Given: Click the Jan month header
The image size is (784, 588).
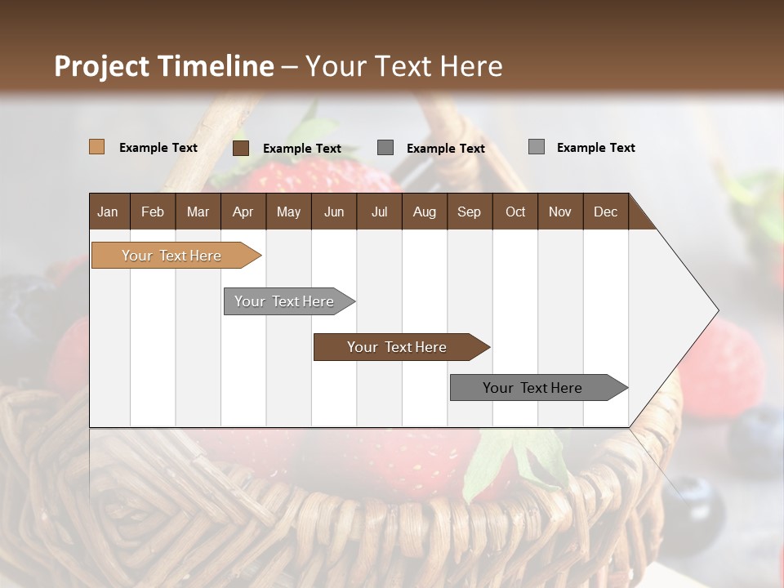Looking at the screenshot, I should (108, 212).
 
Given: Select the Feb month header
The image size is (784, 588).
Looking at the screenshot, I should (153, 212).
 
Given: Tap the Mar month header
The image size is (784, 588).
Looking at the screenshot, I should (198, 212).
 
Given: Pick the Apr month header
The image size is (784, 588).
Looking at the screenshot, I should (243, 212).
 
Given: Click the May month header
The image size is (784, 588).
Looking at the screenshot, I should (288, 212).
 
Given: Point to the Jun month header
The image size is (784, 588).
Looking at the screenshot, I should (334, 212).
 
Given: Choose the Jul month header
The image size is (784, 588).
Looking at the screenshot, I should (379, 212).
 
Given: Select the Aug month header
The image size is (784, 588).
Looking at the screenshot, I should (424, 212).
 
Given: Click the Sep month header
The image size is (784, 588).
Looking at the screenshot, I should (469, 212).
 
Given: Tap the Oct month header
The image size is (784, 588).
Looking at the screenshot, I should (515, 212).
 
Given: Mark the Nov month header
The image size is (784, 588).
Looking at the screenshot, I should (560, 212).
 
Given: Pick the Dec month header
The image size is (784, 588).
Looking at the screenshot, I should (605, 212).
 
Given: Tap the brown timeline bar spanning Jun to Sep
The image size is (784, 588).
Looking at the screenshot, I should (398, 347).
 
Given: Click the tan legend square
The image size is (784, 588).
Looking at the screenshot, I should (97, 147).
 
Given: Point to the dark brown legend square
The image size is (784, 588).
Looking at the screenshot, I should (241, 148).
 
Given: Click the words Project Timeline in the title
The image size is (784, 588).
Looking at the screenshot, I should (164, 66).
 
